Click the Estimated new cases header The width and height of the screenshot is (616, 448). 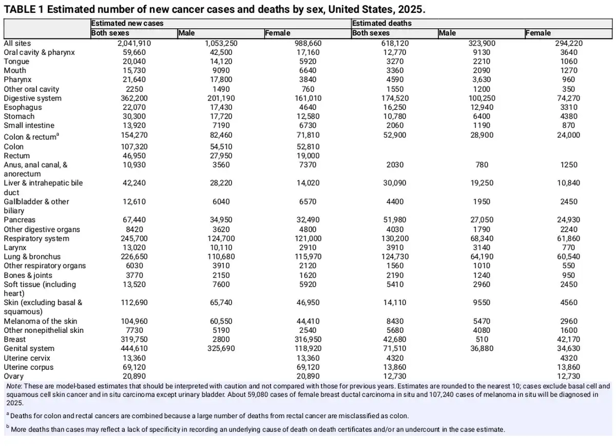tap(127, 23)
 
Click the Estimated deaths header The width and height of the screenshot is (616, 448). tap(382, 23)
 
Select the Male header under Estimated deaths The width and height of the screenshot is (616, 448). tap(447, 33)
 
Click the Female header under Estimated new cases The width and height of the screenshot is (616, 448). tap(278, 33)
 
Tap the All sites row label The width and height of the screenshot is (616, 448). tap(17, 43)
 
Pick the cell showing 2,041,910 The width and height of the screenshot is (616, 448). tap(134, 43)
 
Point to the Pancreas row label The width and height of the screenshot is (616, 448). tap(20, 219)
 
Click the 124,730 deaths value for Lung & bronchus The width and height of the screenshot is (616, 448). tap(395, 256)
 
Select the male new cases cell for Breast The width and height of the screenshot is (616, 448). tap(221, 339)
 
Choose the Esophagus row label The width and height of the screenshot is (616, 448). tap(23, 107)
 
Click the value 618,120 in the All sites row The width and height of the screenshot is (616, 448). tap(395, 43)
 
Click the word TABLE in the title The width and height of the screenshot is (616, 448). tap(20, 9)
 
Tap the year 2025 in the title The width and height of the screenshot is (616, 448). tap(410, 9)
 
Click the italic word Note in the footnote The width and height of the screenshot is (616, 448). tap(14, 386)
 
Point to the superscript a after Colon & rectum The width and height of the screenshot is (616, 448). tap(57, 134)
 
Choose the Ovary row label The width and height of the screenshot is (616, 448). tap(14, 376)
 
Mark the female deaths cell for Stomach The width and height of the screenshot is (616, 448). tap(569, 117)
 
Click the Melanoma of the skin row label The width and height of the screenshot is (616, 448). tap(41, 321)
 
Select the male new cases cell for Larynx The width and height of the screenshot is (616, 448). tap(221, 248)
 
